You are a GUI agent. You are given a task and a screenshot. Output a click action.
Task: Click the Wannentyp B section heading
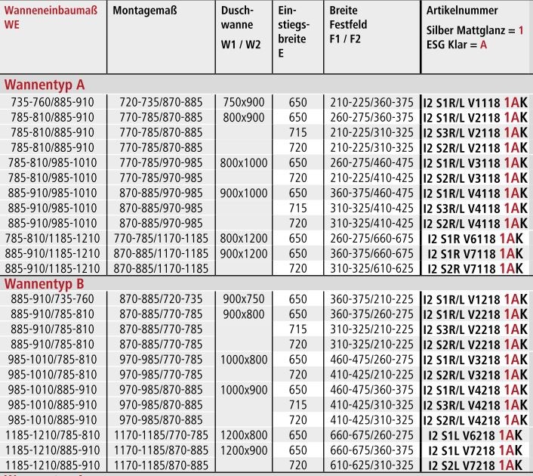pyautogui.click(x=45, y=283)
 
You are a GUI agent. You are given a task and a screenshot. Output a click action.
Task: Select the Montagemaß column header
pyautogui.click(x=143, y=11)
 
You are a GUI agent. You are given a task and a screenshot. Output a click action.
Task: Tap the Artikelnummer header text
pyautogui.click(x=462, y=11)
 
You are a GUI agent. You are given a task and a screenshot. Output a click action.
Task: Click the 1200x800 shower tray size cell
pyautogui.click(x=242, y=435)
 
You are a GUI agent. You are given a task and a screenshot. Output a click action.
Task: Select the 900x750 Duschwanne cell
pyautogui.click(x=242, y=299)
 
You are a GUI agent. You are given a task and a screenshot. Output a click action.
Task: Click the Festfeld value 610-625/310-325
pyautogui.click(x=371, y=465)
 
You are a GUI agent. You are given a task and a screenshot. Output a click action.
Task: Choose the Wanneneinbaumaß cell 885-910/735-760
pyautogui.click(x=53, y=299)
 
